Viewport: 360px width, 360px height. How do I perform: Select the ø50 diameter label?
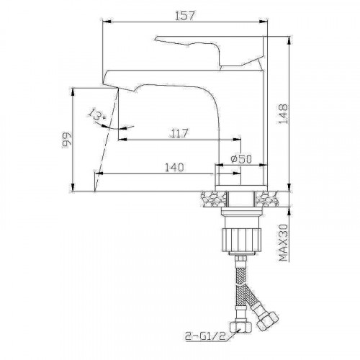(x=240, y=159)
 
